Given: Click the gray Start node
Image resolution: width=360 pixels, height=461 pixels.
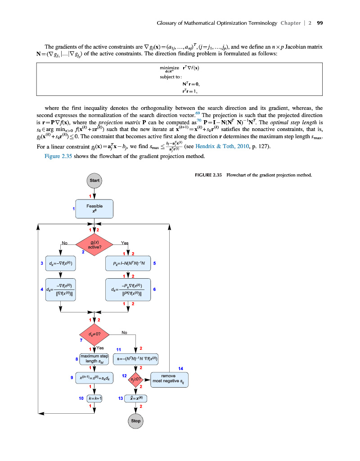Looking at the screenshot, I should [94, 181].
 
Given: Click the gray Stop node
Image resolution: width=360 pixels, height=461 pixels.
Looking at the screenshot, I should [135, 421].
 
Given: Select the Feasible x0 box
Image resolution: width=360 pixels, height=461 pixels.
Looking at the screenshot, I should [94, 208].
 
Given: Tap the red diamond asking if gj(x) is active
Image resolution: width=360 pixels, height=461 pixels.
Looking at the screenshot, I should [94, 244].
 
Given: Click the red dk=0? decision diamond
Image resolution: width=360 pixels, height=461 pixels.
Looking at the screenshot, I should [94, 334].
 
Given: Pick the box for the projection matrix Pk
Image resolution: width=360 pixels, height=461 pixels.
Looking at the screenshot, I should [128, 263].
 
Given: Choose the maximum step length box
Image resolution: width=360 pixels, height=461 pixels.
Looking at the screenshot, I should [94, 359].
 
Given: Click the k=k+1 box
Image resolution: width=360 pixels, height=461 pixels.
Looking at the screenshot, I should [94, 398].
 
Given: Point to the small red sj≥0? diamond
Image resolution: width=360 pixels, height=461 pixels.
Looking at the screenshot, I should [136, 380].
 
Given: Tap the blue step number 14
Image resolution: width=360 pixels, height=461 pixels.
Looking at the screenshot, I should [180, 368].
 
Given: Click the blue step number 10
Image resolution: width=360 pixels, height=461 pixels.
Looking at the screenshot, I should [81, 398].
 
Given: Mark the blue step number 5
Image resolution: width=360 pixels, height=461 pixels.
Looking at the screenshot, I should [154, 263].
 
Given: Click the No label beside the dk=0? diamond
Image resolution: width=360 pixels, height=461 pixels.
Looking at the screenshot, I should [124, 333].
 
